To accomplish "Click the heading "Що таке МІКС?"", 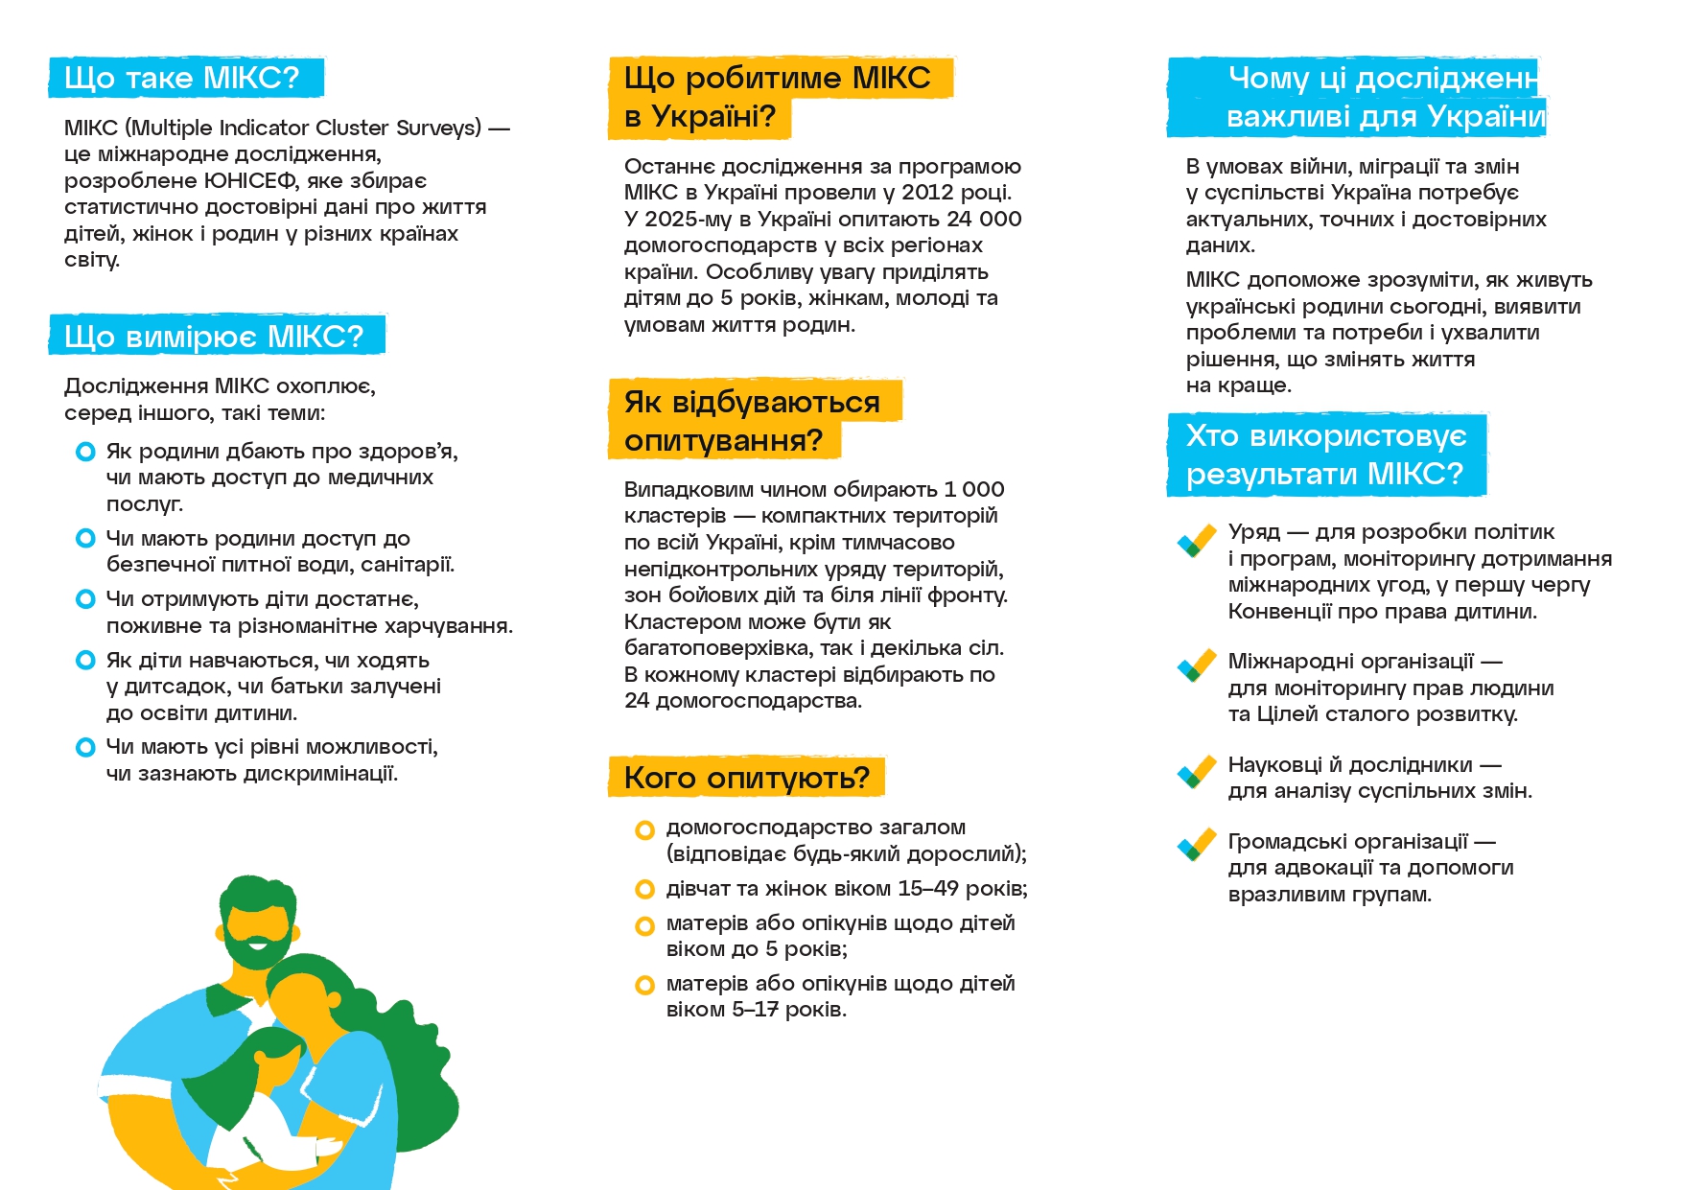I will [x=182, y=78].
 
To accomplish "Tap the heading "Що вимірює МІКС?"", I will [x=214, y=337].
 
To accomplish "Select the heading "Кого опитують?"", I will [x=746, y=778].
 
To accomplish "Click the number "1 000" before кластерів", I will [x=973, y=490].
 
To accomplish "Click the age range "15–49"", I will [x=927, y=889].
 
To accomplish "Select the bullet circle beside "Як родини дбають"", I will [x=85, y=452].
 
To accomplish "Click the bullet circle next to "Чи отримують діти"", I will [x=85, y=599].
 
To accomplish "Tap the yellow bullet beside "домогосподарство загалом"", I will [x=644, y=829].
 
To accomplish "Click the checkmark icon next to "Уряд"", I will [x=1197, y=541].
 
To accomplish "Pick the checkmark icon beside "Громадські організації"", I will [x=1197, y=845].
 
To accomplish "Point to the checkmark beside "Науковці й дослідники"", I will [x=1197, y=772].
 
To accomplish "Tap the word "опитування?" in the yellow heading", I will [x=723, y=441].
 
